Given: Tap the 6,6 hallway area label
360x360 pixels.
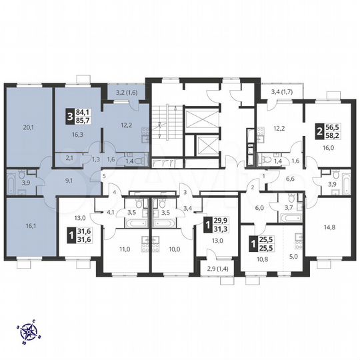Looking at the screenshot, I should [x=290, y=179].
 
